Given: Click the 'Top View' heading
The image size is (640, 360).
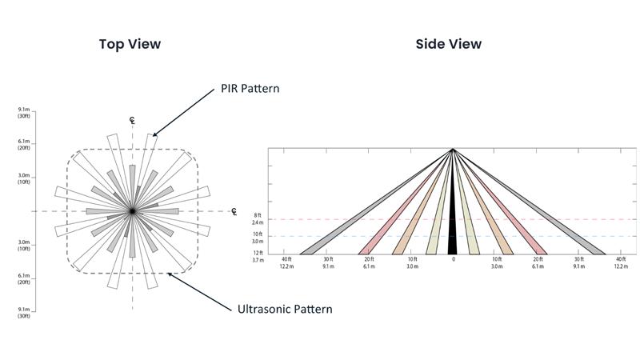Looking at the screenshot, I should [x=130, y=44].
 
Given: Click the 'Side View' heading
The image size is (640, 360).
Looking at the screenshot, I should [x=448, y=44].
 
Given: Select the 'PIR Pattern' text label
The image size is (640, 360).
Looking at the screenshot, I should [x=250, y=89].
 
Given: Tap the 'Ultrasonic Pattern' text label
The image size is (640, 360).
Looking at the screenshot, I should [x=285, y=309].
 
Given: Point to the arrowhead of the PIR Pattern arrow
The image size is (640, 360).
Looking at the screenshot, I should [x=154, y=134].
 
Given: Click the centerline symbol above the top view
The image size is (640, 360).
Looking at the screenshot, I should [x=133, y=121].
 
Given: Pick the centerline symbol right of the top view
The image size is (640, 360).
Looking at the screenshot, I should [x=234, y=212].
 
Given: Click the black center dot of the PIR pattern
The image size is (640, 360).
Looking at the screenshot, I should [x=133, y=211].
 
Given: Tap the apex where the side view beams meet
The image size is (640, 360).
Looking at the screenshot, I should [x=453, y=150].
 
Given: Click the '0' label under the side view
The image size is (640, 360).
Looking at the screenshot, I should [x=453, y=260].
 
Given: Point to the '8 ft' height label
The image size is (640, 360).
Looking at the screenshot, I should [x=258, y=216].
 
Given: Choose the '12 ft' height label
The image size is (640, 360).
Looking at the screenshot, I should [x=258, y=253].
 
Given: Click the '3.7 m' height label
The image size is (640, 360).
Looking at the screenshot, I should [x=258, y=260].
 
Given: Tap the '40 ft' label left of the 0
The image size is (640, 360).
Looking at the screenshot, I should [x=286, y=260].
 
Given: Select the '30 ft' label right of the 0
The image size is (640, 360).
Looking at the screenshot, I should [x=578, y=260].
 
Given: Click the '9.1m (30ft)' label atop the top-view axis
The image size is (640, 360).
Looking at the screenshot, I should [x=24, y=112].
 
